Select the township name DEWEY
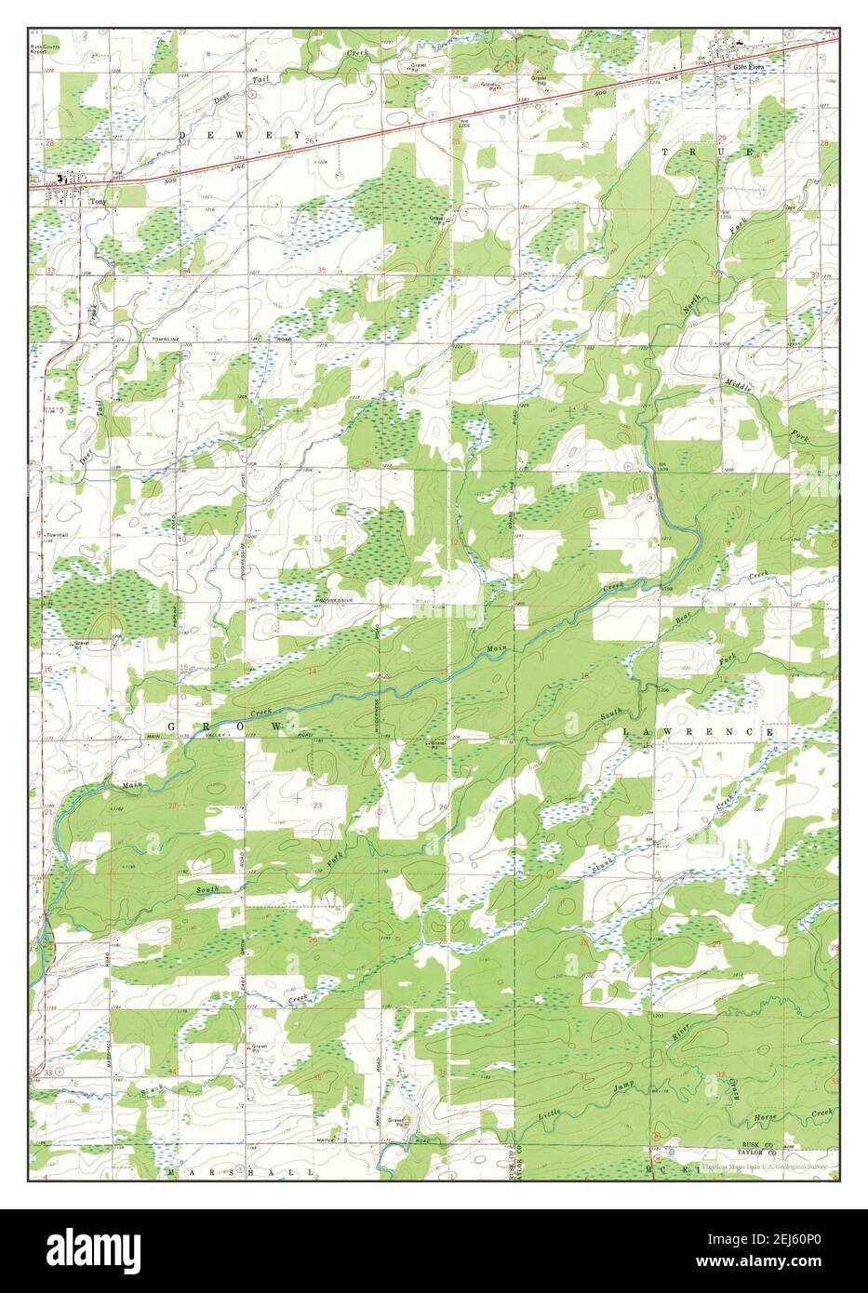click(x=224, y=135)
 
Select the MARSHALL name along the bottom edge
click(x=241, y=1174)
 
